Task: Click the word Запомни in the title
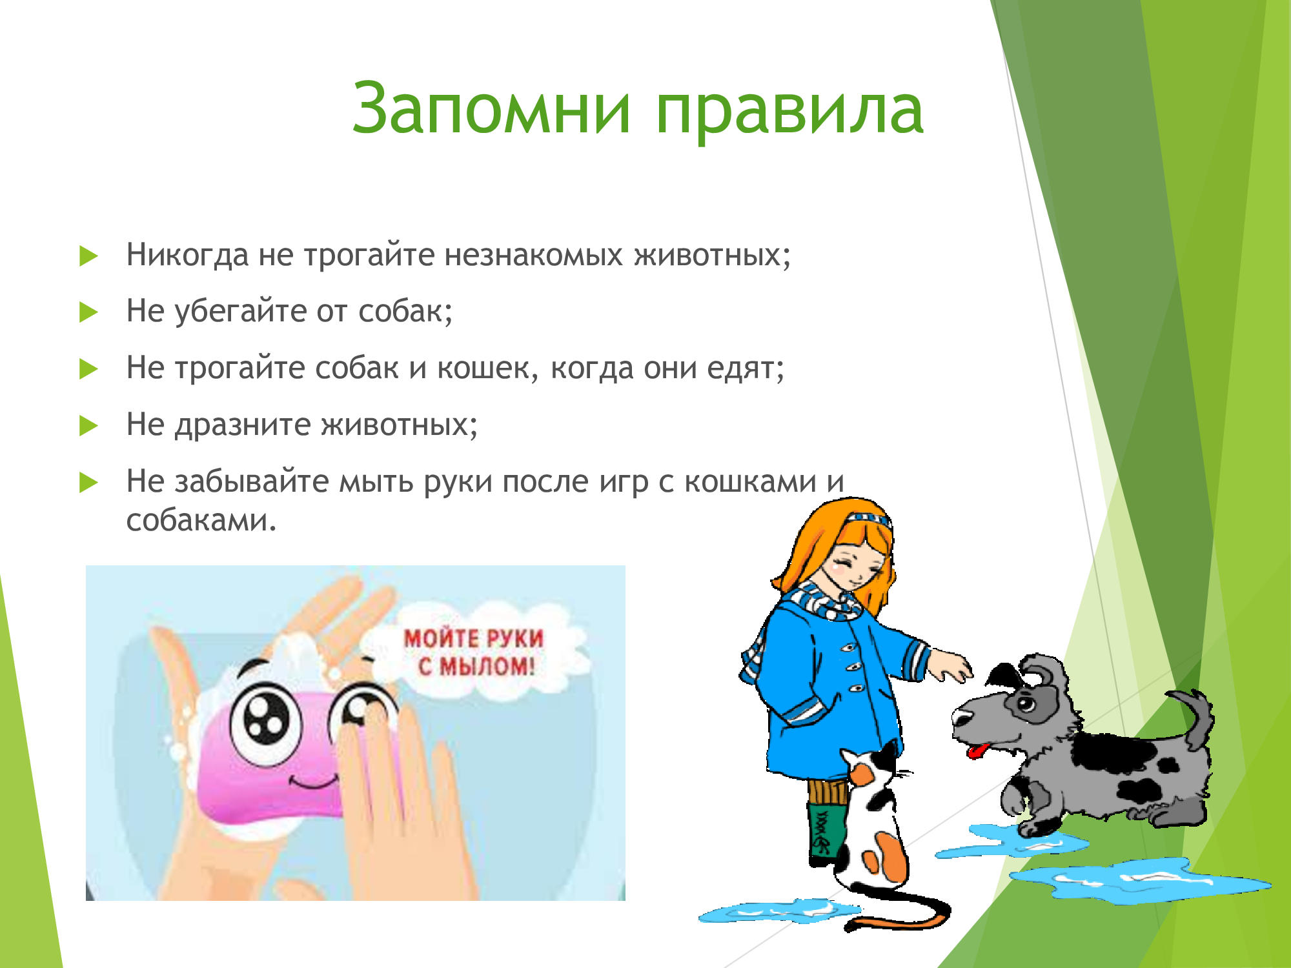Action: (x=491, y=108)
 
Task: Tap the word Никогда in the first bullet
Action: (x=187, y=255)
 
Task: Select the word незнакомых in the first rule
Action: (x=533, y=255)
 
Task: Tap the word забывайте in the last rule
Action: (x=252, y=481)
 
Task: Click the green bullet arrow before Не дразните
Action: (x=88, y=426)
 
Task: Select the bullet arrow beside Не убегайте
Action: (x=88, y=312)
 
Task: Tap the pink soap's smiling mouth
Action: (x=313, y=782)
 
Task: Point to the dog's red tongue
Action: (x=979, y=751)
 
